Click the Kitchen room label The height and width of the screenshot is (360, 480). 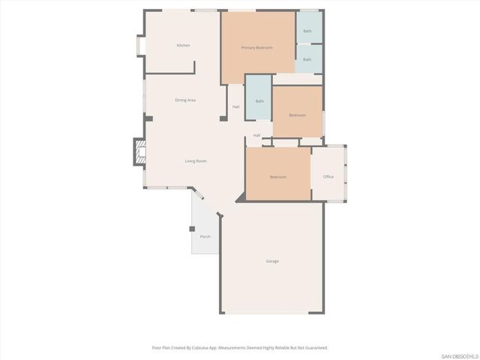click(x=183, y=46)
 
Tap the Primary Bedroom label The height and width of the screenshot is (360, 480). click(x=256, y=48)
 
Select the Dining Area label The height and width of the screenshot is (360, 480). click(x=185, y=100)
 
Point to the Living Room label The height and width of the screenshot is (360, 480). click(x=196, y=161)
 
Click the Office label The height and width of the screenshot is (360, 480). click(x=328, y=177)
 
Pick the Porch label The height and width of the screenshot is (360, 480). click(x=205, y=237)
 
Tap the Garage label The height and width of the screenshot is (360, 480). click(x=272, y=261)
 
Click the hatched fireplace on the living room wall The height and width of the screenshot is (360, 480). click(x=139, y=152)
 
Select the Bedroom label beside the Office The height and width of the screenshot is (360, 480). click(x=278, y=177)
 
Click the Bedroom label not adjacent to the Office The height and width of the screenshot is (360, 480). click(x=297, y=115)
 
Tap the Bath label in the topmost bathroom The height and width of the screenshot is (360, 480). click(x=307, y=31)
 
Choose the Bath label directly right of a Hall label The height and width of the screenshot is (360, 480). click(x=259, y=101)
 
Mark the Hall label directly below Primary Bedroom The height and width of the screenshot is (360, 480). click(x=235, y=106)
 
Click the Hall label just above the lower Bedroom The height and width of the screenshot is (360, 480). click(x=256, y=135)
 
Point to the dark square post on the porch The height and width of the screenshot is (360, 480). click(x=192, y=229)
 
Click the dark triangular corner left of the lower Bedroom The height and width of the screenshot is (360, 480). click(x=241, y=197)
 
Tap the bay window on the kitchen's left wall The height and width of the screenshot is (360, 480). click(x=138, y=46)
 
